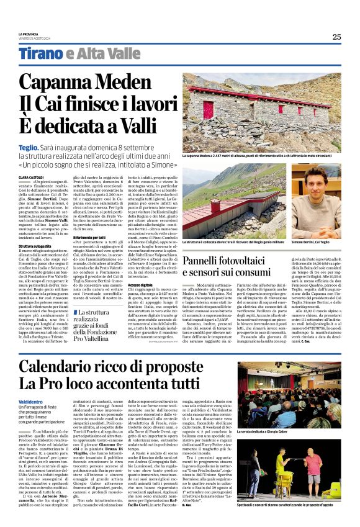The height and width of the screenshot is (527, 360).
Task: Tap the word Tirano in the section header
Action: coord(42,53)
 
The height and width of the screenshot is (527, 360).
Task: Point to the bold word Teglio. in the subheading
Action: coord(30,147)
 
